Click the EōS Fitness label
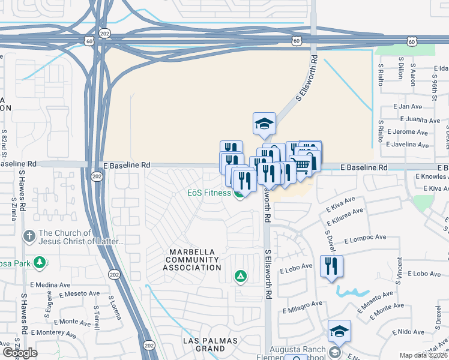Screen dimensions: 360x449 point(208,193)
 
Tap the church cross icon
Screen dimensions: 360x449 point(29,236)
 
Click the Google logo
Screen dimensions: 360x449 point(19,352)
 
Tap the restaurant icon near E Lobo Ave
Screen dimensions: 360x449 point(331,266)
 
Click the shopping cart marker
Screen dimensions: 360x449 point(303,163)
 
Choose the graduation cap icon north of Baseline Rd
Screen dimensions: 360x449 point(264,124)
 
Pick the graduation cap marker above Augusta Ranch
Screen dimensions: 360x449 point(339,331)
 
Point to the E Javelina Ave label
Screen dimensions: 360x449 point(408,145)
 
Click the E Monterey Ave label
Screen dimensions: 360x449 point(54,332)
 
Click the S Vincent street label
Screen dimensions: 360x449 point(399,269)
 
